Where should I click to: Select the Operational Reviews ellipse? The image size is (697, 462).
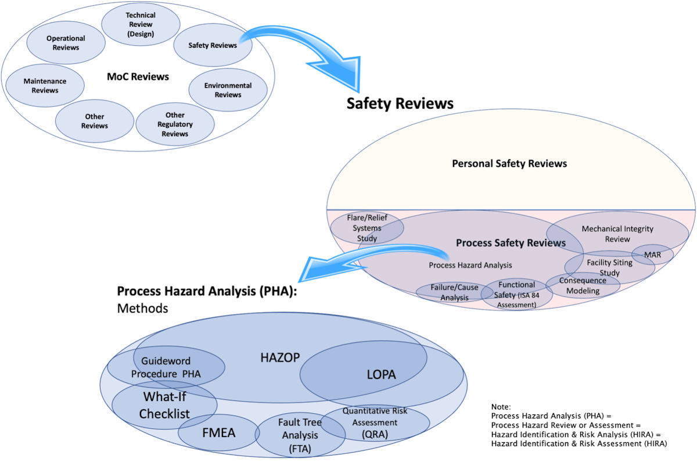click(66, 43)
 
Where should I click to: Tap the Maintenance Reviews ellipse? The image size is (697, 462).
click(45, 86)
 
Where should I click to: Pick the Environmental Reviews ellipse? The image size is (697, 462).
click(228, 90)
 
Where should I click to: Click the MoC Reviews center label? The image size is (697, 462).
click(138, 77)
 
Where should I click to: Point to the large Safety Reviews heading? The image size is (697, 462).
click(400, 103)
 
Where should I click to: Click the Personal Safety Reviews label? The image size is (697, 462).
click(509, 163)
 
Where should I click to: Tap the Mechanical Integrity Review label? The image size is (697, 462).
click(617, 234)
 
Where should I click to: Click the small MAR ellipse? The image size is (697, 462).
click(652, 255)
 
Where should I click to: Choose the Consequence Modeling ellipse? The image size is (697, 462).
click(583, 285)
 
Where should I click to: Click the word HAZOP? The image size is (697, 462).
click(280, 357)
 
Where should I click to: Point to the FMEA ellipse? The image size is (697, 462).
click(219, 433)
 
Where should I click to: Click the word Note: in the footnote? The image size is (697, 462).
click(501, 407)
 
